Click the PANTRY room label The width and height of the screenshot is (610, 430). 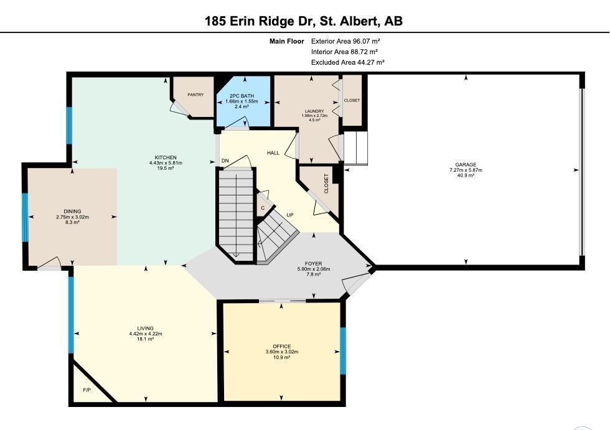click(195, 95)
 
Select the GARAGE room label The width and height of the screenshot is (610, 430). click(466, 164)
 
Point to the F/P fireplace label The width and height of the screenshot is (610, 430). click(87, 390)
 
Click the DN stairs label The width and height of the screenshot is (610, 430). click(225, 161)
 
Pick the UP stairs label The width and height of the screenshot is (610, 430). click(290, 215)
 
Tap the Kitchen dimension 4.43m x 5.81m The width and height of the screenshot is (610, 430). click(166, 163)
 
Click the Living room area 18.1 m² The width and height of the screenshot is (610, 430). click(146, 339)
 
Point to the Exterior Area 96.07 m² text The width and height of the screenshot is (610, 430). click(345, 41)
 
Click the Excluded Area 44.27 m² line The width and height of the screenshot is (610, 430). click(348, 62)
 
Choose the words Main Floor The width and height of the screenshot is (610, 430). click(287, 41)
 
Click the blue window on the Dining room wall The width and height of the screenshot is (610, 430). click(25, 217)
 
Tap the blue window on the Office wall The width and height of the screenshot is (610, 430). click(343, 351)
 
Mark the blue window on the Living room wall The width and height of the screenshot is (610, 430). click(71, 314)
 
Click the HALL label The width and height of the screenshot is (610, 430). click(273, 153)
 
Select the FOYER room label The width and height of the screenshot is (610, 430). click(313, 264)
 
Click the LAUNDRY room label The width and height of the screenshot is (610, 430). click(314, 111)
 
